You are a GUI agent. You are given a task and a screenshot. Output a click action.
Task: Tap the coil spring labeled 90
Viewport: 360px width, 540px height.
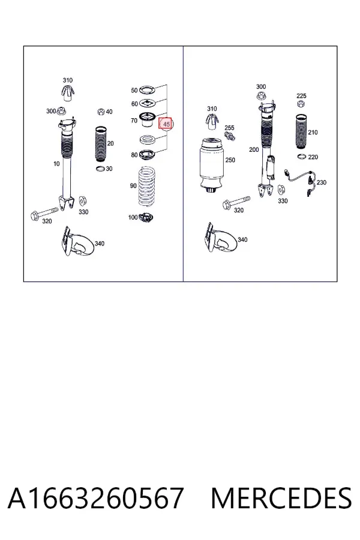pyautogui.click(x=148, y=186)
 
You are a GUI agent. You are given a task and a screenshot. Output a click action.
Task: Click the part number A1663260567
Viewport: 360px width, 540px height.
pyautogui.click(x=95, y=498)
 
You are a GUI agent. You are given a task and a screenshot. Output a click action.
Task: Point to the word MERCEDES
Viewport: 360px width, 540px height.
pyautogui.click(x=281, y=498)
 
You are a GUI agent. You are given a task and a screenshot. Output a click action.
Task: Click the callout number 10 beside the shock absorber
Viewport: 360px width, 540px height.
pyautogui.click(x=56, y=164)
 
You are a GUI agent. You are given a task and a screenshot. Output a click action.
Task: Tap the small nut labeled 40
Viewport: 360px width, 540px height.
pyautogui.click(x=101, y=112)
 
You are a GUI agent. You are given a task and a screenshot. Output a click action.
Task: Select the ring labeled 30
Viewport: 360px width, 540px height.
pyautogui.click(x=100, y=169)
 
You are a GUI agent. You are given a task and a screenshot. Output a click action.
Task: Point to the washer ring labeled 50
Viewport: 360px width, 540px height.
pyautogui.click(x=147, y=91)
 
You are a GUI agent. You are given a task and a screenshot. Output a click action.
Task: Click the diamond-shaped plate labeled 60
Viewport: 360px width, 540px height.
pyautogui.click(x=148, y=103)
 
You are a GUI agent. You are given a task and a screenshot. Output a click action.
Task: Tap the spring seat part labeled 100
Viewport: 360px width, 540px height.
pyautogui.click(x=145, y=217)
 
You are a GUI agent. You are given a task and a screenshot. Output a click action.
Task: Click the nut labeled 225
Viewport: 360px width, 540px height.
pyautogui.click(x=301, y=103)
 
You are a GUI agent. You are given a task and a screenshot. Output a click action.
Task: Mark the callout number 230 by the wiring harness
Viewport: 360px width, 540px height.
pyautogui.click(x=322, y=182)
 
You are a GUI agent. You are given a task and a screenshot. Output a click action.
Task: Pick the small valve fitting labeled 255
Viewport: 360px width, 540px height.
pyautogui.click(x=230, y=135)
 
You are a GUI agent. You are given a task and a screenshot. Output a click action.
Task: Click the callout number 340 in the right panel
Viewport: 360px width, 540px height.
pyautogui.click(x=242, y=239)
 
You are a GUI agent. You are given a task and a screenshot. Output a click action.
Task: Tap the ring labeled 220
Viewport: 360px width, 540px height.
pyautogui.click(x=301, y=157)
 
